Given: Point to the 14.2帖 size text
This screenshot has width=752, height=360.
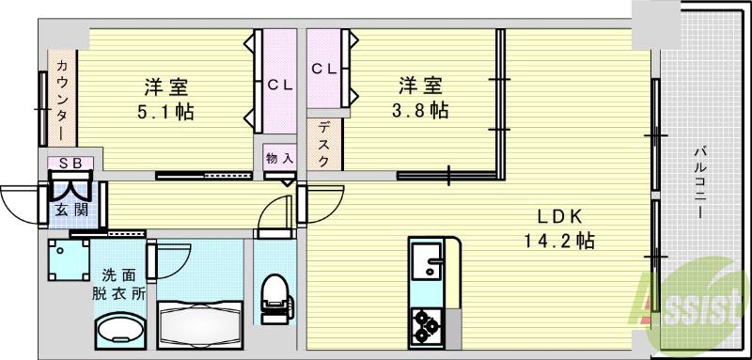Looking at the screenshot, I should click(558, 241).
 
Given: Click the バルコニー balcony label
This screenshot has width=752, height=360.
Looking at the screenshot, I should click(701, 182).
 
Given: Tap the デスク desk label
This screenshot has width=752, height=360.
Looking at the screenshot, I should click(322, 143).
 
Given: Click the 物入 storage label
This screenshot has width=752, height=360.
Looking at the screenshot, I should click(278, 157).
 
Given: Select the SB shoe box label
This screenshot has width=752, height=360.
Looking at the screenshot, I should click(70, 163).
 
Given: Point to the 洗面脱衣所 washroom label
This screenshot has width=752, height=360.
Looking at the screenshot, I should click(118, 283).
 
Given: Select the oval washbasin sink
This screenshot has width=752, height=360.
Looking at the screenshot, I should click(119, 332).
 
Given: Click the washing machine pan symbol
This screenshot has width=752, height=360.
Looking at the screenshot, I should click(69, 261).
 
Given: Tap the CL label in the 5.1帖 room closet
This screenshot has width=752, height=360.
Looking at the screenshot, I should click(279, 85).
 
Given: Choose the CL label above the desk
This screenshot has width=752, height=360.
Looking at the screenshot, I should click(324, 68).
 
